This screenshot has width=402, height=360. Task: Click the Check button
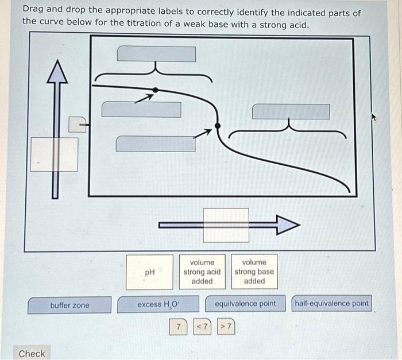click(32, 353)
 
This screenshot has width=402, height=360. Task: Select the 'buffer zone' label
click(69, 305)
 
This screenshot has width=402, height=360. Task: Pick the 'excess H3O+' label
click(159, 305)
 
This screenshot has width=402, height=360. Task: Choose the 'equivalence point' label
click(245, 304)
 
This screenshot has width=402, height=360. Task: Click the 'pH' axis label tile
click(150, 272)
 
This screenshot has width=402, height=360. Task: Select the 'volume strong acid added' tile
click(202, 272)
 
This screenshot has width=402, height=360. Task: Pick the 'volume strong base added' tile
click(254, 272)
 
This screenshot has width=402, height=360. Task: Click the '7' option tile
click(179, 327)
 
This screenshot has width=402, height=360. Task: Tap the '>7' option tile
click(226, 327)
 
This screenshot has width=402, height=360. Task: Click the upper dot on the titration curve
click(155, 90)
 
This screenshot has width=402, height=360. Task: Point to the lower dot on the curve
click(217, 126)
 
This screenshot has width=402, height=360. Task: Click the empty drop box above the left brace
click(156, 54)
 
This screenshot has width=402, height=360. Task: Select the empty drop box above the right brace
click(291, 111)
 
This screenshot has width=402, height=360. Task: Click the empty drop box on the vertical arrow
click(54, 154)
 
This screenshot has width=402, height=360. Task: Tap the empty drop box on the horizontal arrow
click(226, 225)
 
